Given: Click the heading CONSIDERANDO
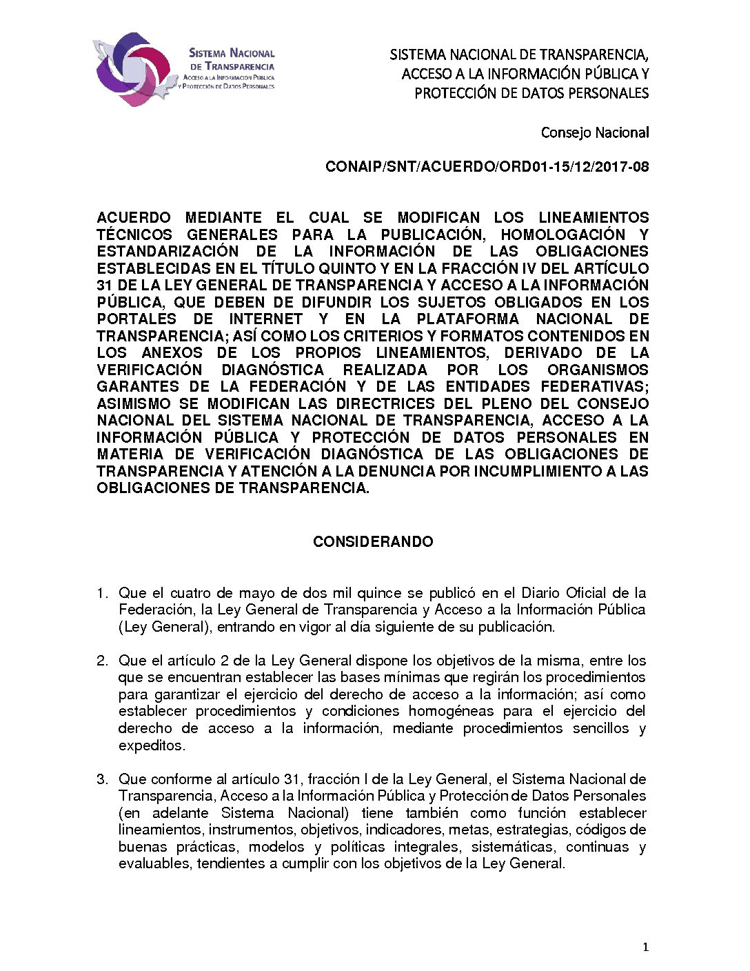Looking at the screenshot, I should [373, 542].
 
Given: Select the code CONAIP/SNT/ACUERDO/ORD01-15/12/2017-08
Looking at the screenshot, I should [487, 167].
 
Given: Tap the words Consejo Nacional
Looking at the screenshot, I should [594, 132].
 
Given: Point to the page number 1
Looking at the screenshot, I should [645, 948].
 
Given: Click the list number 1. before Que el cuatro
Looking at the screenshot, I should [102, 593].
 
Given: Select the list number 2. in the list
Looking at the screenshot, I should [102, 661].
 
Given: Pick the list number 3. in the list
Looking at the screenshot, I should [102, 779].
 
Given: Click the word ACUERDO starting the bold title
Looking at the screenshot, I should [134, 218].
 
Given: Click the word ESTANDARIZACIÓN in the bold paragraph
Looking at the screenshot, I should [168, 252].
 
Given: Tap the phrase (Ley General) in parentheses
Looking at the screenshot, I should [163, 627].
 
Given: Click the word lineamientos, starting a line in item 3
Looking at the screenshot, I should [161, 830].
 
